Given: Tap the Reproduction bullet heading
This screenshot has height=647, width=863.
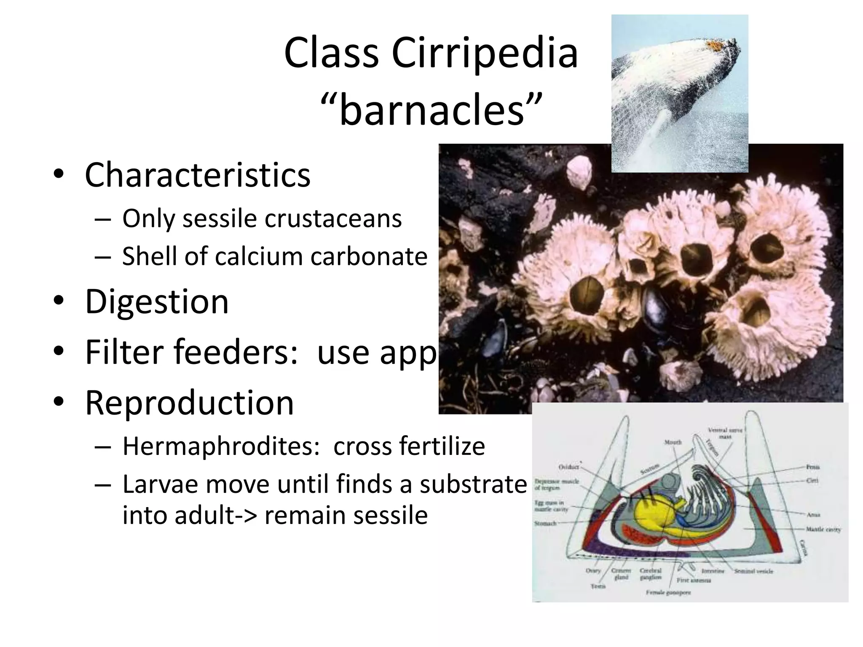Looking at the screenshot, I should click(189, 402).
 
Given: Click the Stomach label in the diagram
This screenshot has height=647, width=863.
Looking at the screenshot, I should click(545, 524).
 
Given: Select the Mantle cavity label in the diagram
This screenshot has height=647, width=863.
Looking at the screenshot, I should click(823, 529).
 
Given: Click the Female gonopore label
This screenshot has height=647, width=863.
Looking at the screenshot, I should click(668, 593).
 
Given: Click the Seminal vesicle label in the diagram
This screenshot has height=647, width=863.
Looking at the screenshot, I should click(753, 572).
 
